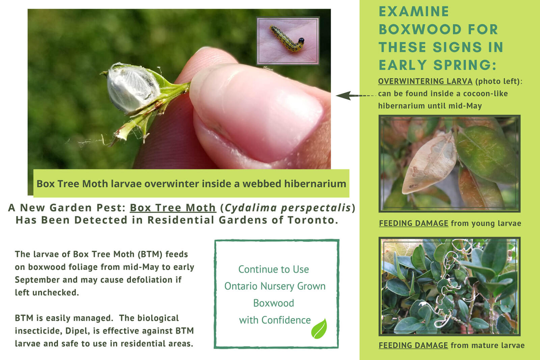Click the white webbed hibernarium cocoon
click(x=132, y=88)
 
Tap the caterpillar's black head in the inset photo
click(x=301, y=40)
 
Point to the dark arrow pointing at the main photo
click(x=356, y=96)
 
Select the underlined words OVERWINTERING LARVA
click(x=425, y=81)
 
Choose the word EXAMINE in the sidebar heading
click(x=414, y=11)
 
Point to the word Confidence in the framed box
click(x=286, y=320)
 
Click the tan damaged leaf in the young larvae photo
click(x=429, y=164)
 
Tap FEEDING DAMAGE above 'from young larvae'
click(x=413, y=223)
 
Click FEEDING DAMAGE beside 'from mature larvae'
click(x=413, y=345)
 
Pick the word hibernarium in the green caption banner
click(x=315, y=184)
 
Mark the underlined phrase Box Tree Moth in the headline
click(x=173, y=208)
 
